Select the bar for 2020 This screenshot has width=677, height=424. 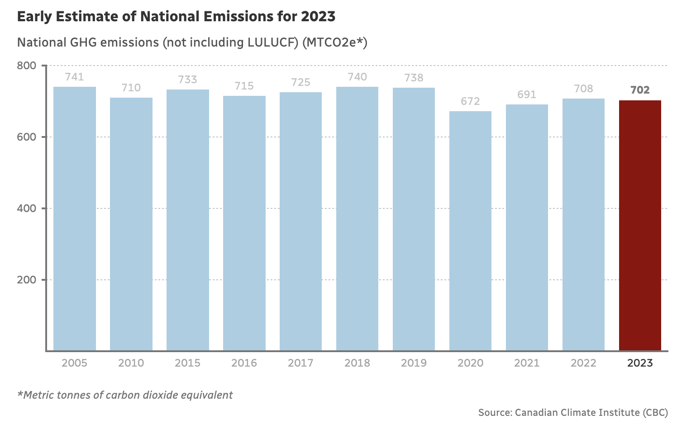coord(470,231)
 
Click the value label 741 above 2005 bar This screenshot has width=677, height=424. coord(75,77)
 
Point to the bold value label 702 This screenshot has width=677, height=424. coord(640,90)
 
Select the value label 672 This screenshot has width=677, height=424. coord(470,101)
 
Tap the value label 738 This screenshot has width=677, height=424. coord(414,78)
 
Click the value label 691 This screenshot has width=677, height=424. coord(527,94)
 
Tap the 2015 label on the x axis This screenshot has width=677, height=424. coord(188,363)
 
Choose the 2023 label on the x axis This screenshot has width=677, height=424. coord(640,363)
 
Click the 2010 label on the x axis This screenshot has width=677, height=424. coord(131,363)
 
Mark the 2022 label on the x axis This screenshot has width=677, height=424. coord(583,363)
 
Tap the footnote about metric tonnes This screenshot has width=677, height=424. coord(125,395)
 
